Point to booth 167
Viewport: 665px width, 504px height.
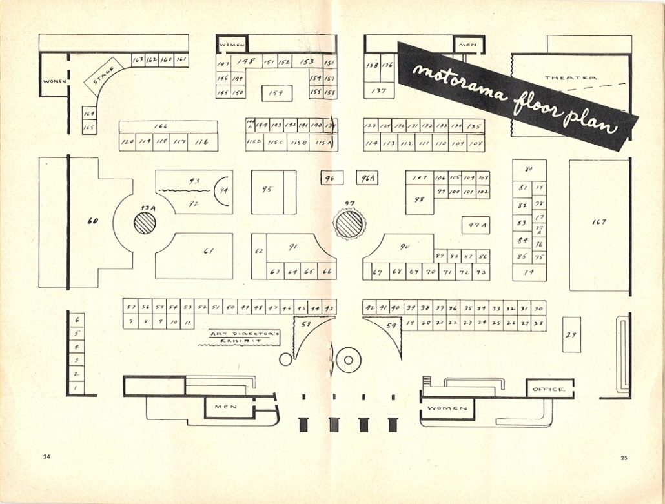598,223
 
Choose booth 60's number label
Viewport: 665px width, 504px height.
92,221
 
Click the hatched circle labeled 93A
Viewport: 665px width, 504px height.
145,223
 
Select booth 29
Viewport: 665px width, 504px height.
571,334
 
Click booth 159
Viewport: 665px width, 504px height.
276,93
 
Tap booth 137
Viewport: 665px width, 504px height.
379,91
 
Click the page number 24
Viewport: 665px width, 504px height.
46,458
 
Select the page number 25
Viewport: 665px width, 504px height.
624,458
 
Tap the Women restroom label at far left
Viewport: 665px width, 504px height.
54,82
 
